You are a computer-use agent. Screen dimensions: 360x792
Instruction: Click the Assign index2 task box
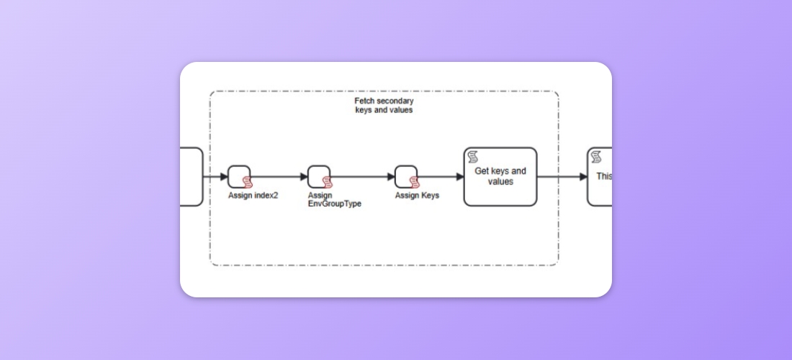(238, 176)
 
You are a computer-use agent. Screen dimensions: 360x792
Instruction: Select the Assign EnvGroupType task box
(318, 176)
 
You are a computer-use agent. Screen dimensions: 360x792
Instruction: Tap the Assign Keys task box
(405, 176)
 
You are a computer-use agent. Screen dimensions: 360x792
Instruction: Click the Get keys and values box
(500, 177)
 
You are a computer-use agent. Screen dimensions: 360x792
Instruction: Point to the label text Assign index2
(253, 195)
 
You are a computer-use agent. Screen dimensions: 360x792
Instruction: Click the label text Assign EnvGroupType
(334, 199)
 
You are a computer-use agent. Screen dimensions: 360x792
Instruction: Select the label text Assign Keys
(417, 195)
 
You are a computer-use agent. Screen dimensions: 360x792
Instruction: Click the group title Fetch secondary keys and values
(384, 106)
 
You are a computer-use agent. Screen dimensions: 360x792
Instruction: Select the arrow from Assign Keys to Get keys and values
(441, 176)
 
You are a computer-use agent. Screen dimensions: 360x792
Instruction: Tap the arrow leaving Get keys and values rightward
(562, 176)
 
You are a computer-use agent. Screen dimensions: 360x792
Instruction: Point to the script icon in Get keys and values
(474, 157)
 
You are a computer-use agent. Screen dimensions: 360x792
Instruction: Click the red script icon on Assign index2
(247, 182)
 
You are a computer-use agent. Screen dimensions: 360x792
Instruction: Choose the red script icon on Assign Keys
(413, 182)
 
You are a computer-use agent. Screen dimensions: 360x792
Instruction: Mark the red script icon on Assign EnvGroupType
(327, 182)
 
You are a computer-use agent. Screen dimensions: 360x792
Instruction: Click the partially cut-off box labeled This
(600, 177)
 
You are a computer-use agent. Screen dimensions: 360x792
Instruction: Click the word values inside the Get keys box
(500, 182)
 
